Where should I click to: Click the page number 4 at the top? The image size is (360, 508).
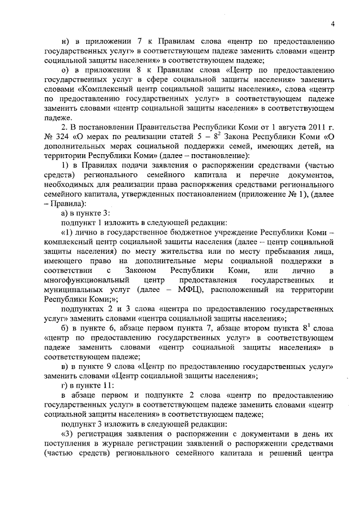[333, 23]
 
